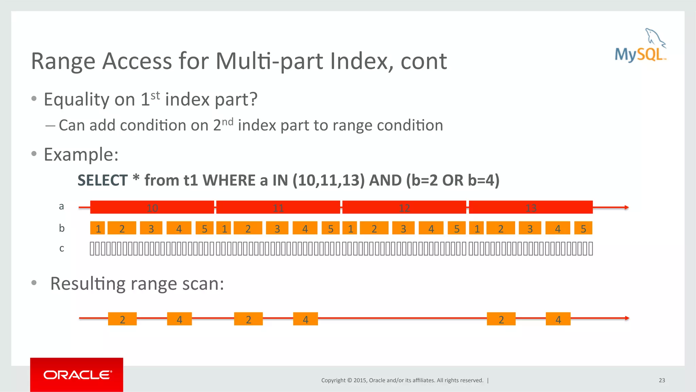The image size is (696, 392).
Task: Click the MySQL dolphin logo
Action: (x=640, y=46)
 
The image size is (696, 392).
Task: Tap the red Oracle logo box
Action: (x=76, y=374)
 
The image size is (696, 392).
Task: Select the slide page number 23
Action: (x=662, y=380)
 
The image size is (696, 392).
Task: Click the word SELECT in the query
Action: (x=102, y=180)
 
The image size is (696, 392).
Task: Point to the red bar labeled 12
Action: (x=404, y=207)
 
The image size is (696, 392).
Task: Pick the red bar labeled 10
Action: (x=152, y=207)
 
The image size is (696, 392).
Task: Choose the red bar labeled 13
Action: (x=530, y=207)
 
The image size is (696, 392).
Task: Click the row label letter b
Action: (x=62, y=228)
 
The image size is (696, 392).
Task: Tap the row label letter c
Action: (x=62, y=249)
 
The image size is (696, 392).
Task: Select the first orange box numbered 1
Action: (x=98, y=228)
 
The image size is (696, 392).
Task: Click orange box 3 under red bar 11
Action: (x=277, y=228)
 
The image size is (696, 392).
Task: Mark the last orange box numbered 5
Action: (x=583, y=228)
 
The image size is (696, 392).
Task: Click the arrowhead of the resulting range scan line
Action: (x=627, y=318)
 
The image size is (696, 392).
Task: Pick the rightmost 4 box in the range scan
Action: (x=558, y=319)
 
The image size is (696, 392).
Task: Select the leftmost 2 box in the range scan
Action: (x=122, y=319)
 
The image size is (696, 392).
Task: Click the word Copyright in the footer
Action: (x=333, y=380)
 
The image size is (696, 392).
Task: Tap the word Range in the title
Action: (x=63, y=61)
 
